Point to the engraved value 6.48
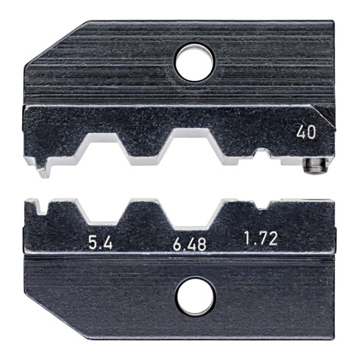(184, 240)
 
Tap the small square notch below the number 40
(262, 154)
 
